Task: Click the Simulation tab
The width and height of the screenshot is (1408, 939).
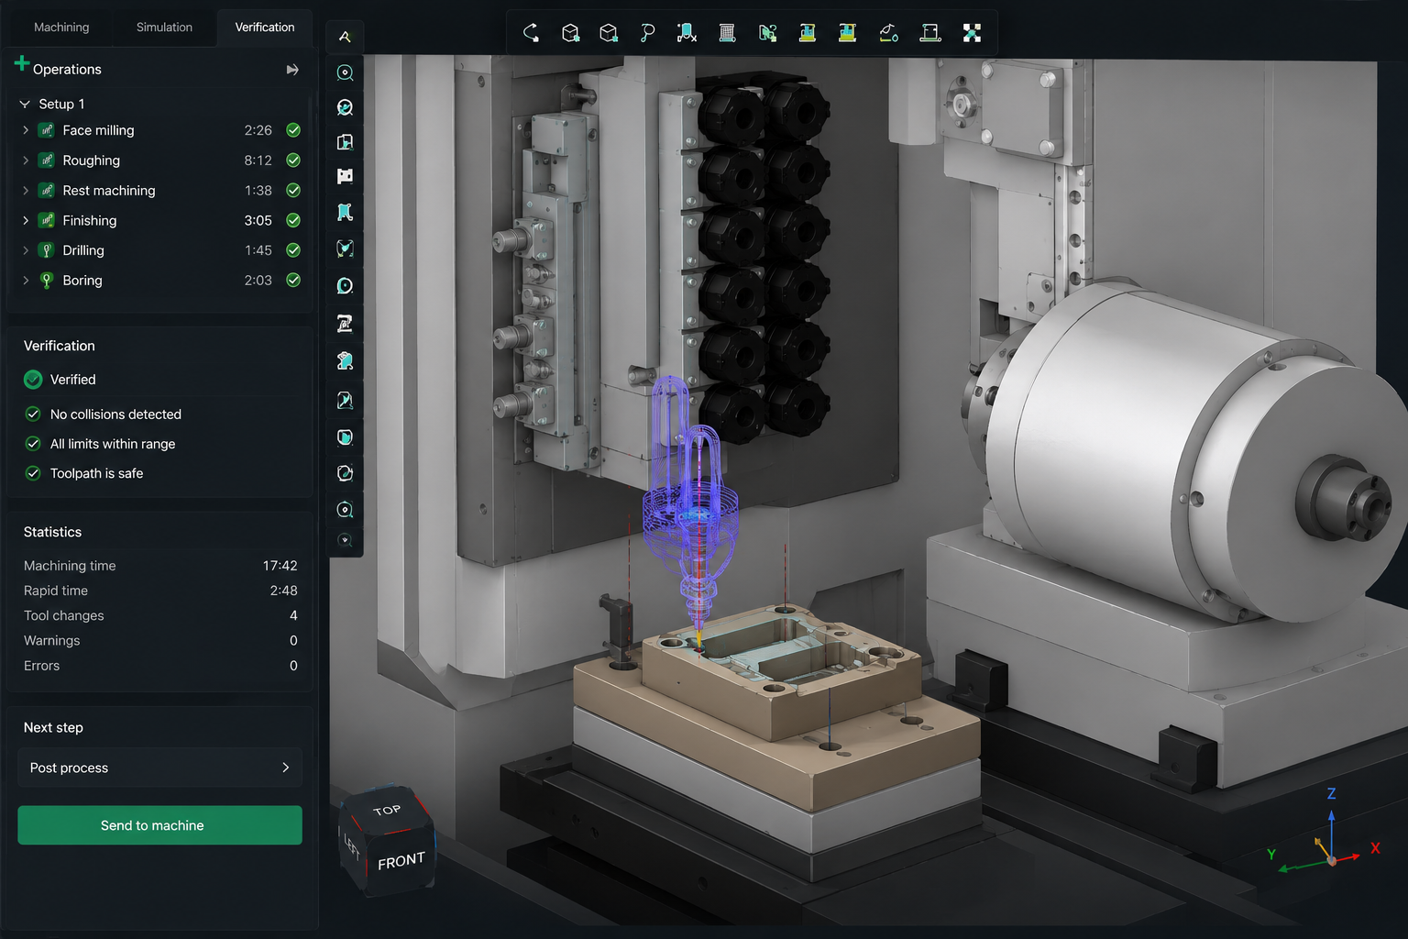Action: coord(164,27)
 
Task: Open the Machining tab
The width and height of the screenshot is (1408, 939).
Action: coord(61,27)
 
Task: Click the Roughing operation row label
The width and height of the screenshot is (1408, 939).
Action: coord(91,160)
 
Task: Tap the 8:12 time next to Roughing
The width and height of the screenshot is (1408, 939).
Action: coord(258,160)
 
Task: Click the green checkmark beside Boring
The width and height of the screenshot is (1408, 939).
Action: coord(293,280)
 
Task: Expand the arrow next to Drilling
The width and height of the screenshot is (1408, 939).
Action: coord(26,250)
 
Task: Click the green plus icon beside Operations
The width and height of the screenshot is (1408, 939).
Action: coord(21,63)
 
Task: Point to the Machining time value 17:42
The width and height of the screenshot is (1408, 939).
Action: coord(280,566)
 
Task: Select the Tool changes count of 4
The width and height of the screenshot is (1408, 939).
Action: coord(293,615)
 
